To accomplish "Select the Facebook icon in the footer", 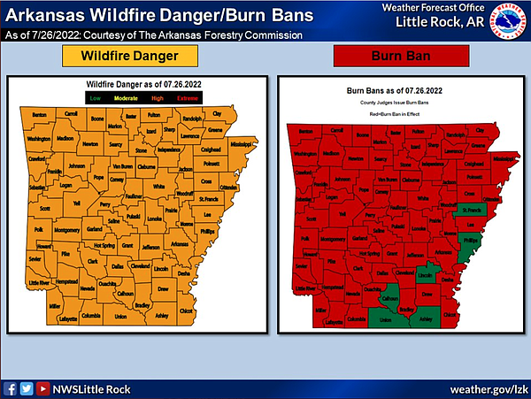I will [x=10, y=388].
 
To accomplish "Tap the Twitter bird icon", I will [x=26, y=388].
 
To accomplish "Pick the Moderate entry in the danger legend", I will [x=127, y=96].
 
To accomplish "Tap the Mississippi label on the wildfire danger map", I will [x=240, y=143].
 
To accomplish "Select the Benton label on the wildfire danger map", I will [x=38, y=116].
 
